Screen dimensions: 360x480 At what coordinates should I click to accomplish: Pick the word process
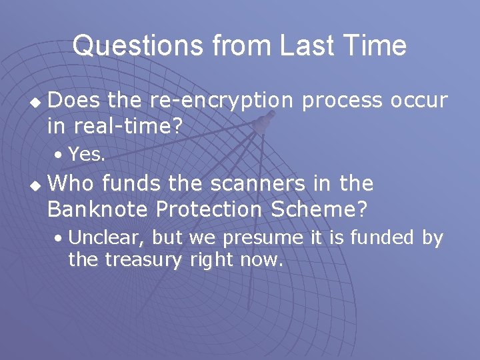tap(343, 101)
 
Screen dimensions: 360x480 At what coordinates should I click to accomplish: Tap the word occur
tap(419, 101)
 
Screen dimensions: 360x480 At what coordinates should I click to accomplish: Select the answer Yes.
tap(87, 155)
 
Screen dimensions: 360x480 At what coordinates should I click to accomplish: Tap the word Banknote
tap(97, 209)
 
